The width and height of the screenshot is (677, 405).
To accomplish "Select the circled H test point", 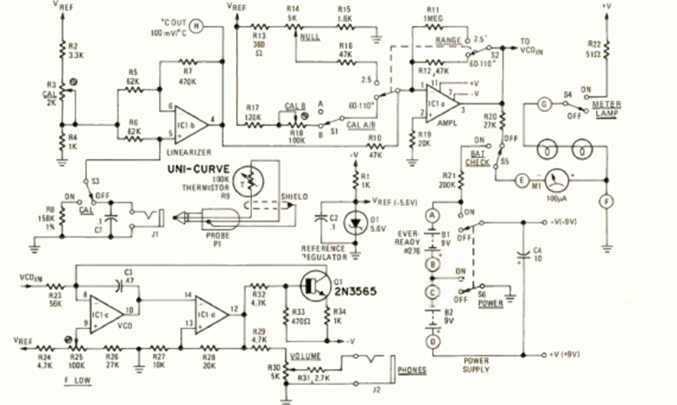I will pyautogui.click(x=196, y=26).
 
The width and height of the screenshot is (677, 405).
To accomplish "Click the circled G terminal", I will pyautogui.click(x=523, y=102).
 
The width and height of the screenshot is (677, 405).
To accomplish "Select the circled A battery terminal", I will pyautogui.click(x=432, y=216).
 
